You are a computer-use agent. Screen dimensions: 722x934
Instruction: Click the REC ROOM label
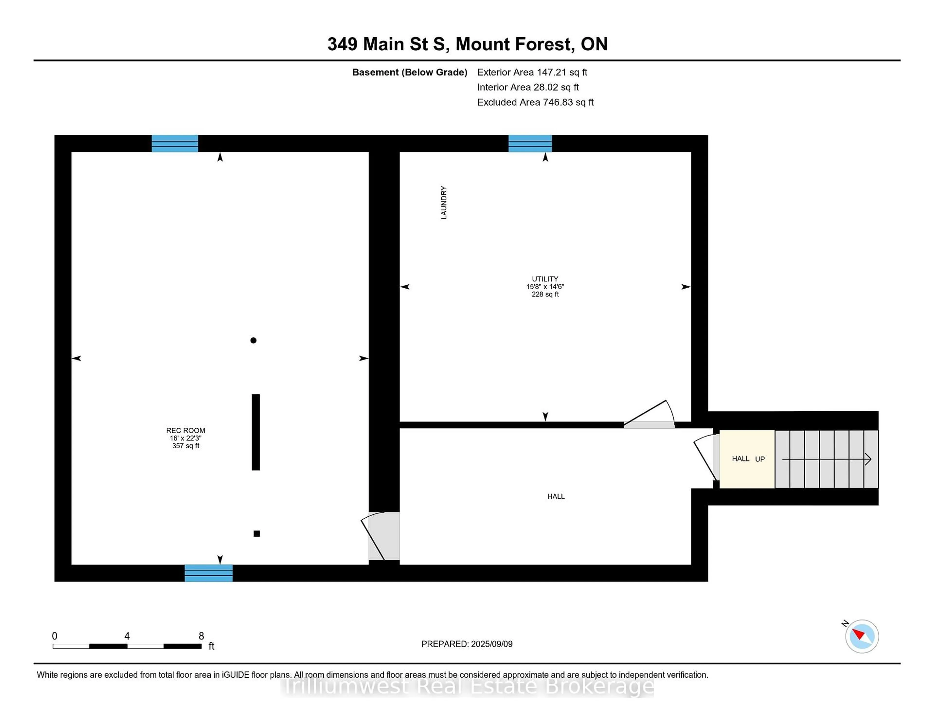point(186,430)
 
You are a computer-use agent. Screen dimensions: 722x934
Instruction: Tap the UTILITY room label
point(545,279)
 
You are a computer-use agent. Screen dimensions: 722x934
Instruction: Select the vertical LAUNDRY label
point(443,203)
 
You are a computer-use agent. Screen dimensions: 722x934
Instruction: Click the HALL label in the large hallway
point(556,496)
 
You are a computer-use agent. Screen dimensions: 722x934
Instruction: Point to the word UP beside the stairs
point(760,459)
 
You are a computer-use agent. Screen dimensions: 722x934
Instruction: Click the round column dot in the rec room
point(253,341)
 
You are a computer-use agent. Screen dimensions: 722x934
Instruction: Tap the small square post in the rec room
point(257,533)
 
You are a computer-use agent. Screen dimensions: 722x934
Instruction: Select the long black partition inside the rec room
point(256,432)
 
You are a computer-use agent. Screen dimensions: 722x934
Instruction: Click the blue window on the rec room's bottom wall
point(209,573)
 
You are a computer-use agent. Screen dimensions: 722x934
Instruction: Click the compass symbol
point(862,636)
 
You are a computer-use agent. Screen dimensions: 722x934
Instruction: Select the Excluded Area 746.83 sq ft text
point(535,102)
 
